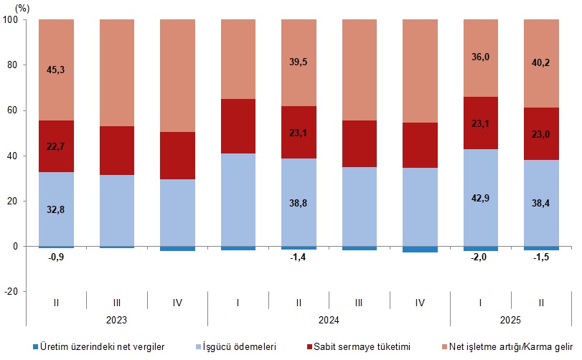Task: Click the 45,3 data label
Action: (x=56, y=70)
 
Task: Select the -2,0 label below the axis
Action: (x=481, y=259)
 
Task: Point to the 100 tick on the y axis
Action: (x=11, y=20)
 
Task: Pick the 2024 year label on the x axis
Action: (x=329, y=320)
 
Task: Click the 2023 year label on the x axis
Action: (x=116, y=320)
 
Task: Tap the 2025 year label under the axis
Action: (x=511, y=320)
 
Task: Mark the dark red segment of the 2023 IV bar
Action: (x=177, y=156)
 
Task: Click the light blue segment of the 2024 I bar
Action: (x=238, y=199)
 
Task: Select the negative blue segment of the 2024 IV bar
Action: (x=420, y=249)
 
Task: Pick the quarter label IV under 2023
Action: (x=177, y=303)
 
